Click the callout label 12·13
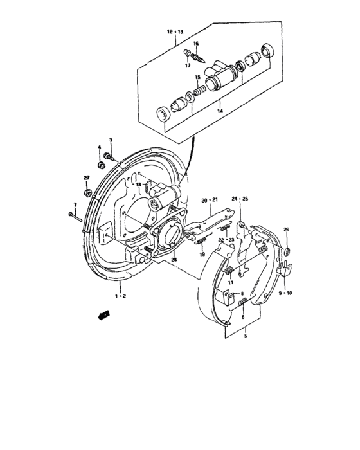(175, 31)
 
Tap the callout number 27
(86, 177)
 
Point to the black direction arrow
(102, 314)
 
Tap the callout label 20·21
(210, 199)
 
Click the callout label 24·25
(240, 199)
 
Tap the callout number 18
(138, 184)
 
